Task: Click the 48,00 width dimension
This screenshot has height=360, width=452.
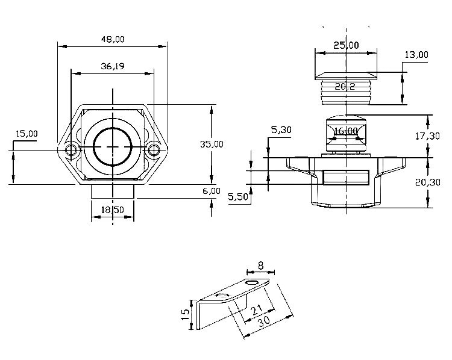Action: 113,39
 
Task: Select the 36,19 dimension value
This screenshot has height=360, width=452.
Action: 113,67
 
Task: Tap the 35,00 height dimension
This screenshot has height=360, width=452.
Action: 212,144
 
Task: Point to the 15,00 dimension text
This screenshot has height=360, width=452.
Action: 26,134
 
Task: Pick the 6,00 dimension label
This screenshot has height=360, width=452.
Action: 212,191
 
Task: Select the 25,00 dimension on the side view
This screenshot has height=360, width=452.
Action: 346,45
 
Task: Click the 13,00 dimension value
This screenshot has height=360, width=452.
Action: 416,55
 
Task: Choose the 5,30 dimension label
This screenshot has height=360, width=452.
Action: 281,129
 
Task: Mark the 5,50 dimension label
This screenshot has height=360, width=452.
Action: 239,197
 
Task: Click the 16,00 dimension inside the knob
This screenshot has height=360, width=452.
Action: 345,131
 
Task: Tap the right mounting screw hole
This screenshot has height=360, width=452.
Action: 154,149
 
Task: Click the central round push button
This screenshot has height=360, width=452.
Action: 113,146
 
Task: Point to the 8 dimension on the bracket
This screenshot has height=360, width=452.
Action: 260,264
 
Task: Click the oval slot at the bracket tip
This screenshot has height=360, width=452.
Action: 253,281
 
